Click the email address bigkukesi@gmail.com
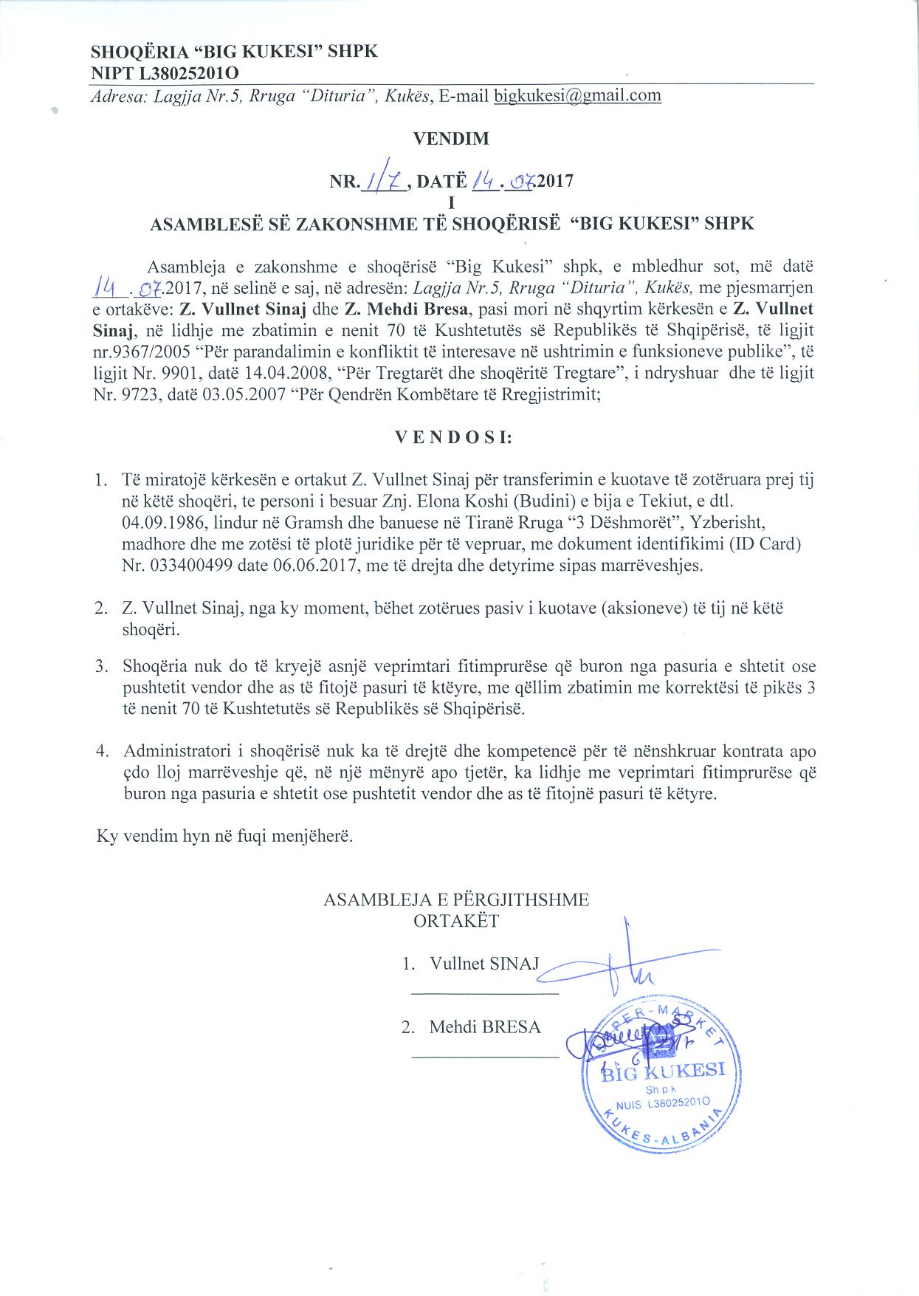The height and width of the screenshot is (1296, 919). pyautogui.click(x=577, y=95)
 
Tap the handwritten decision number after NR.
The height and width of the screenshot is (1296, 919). pyautogui.click(x=382, y=179)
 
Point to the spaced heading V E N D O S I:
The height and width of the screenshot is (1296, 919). pyautogui.click(x=454, y=436)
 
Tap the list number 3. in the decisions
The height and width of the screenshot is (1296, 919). pyautogui.click(x=101, y=667)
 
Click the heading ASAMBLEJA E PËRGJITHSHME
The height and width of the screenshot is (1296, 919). pyautogui.click(x=456, y=899)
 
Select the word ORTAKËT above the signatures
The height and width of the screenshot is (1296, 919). pyautogui.click(x=456, y=921)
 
